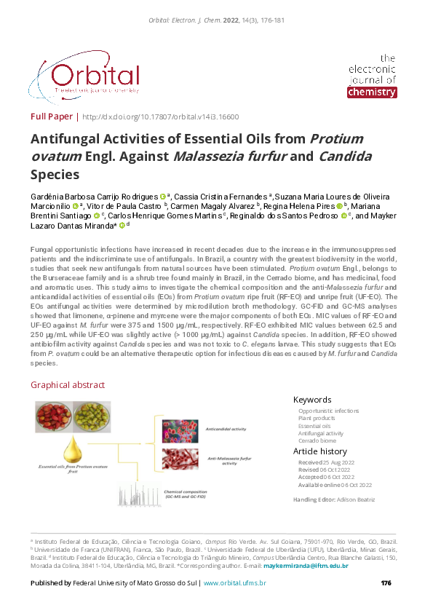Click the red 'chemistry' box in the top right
372,92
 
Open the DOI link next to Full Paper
160,116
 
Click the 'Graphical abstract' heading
68,385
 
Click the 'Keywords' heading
312,400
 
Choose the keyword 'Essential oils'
314,426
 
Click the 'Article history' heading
320,452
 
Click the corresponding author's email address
306,566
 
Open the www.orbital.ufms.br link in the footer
234,583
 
